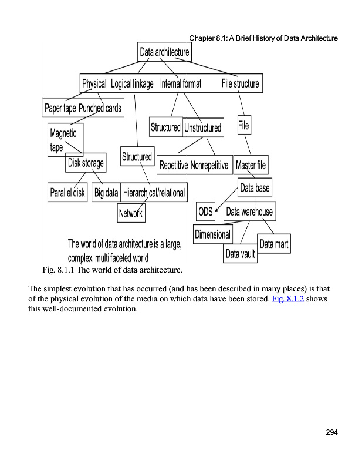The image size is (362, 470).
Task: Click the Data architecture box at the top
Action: click(164, 52)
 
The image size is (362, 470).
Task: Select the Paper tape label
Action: click(60, 108)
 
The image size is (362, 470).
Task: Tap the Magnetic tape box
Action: click(63, 140)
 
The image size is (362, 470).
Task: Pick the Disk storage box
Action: click(86, 163)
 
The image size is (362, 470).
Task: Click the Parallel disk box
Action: click(67, 192)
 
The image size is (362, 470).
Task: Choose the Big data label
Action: click(106, 192)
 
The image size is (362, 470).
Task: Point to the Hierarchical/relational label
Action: click(154, 192)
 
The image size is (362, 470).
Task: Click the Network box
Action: click(131, 213)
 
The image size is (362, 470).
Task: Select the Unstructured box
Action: click(203, 127)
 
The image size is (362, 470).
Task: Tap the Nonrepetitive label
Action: click(209, 165)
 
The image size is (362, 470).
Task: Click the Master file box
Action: click(251, 165)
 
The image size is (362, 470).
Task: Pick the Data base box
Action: click(255, 189)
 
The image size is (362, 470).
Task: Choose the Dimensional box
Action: click(212, 234)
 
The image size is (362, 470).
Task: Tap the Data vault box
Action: click(241, 254)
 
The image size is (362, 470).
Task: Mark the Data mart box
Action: click(274, 244)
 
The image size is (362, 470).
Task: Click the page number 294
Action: click(331, 433)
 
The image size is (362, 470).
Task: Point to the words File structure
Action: click(240, 84)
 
